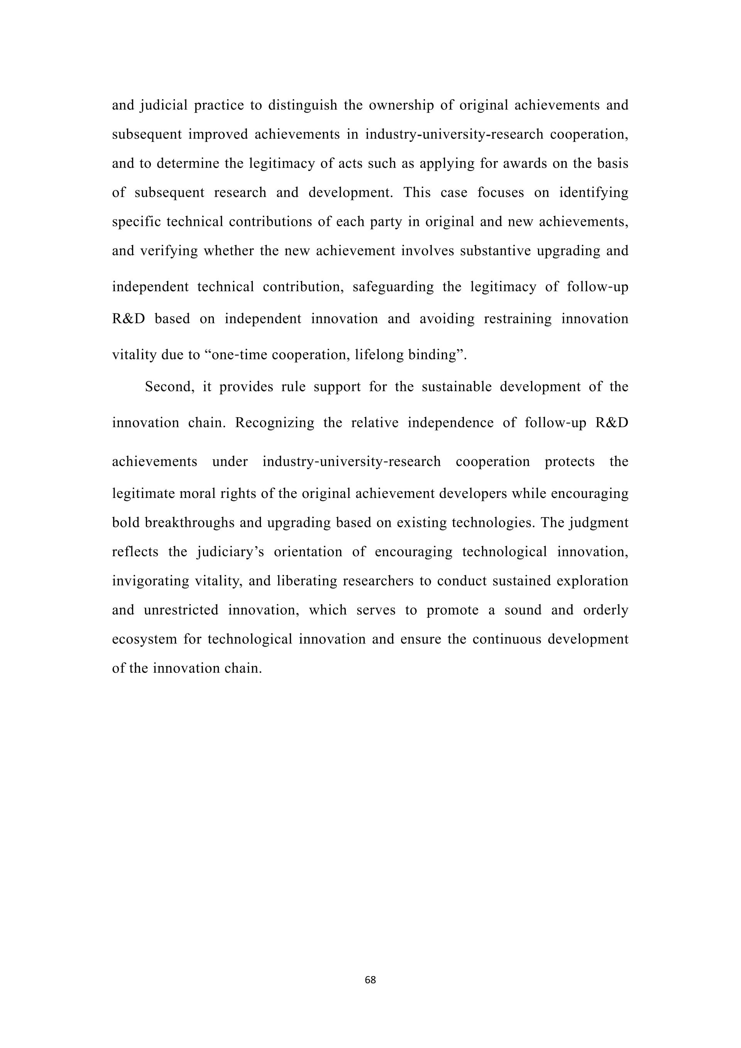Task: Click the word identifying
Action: coord(594,193)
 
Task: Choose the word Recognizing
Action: coord(275,423)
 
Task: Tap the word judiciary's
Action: coord(230,552)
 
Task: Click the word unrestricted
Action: coord(181,610)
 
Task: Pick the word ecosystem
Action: coord(144,639)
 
